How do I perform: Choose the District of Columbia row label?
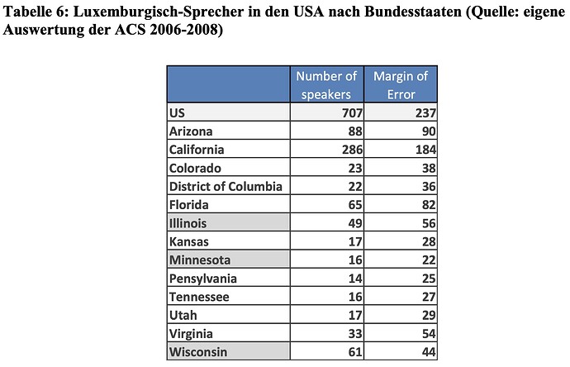point(225,186)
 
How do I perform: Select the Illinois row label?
point(188,223)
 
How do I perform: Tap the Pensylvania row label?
point(202,279)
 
